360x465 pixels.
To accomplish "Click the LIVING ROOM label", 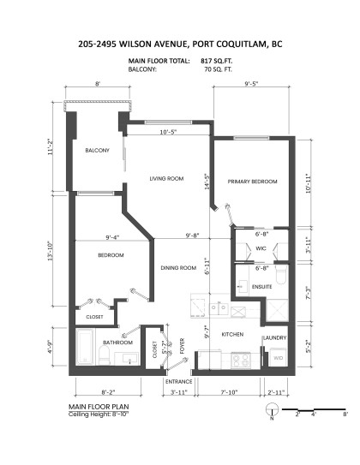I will (167, 178).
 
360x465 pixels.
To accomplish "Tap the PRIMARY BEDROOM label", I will (253, 182).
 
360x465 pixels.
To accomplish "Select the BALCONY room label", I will (97, 151).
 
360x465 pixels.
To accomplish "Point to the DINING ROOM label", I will (180, 268).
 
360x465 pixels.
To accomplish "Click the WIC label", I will (261, 249).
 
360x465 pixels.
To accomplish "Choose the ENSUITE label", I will (262, 287).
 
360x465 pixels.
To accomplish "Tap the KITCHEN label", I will (234, 334).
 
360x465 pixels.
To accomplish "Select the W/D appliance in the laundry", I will (278, 359).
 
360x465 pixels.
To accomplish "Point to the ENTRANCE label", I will (178, 380).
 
